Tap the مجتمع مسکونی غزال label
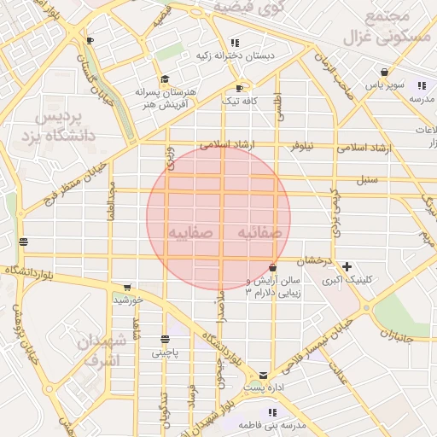381,28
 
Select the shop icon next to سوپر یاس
386,73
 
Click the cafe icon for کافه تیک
239,89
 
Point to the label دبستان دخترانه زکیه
236,55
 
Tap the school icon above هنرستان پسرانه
164,79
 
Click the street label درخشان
313,259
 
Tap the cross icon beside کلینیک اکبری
347,266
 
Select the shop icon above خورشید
127,288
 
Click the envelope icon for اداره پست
262,375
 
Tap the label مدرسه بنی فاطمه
271,424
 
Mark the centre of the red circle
218,218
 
